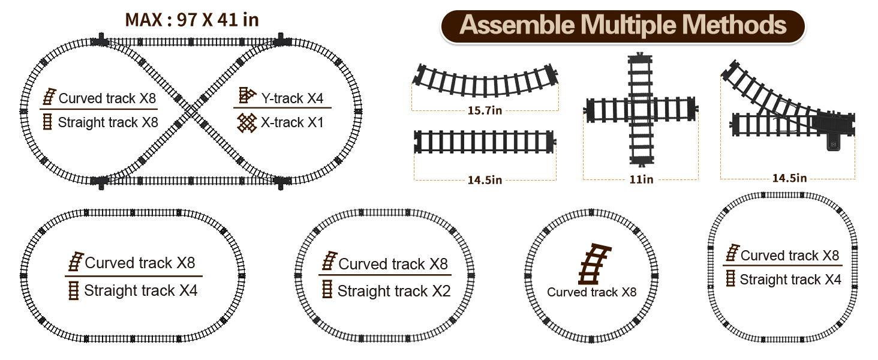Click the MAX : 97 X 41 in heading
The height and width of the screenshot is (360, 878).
pyautogui.click(x=192, y=20)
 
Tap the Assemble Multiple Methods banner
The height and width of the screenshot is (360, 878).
pyautogui.click(x=623, y=25)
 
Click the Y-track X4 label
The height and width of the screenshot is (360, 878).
pyautogui.click(x=292, y=97)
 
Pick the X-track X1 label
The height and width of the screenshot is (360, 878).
pyautogui.click(x=292, y=122)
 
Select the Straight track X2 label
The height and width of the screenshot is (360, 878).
pyautogui.click(x=393, y=291)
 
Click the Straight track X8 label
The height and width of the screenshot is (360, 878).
pyautogui.click(x=108, y=122)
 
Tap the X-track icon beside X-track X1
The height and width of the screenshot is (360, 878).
pyautogui.click(x=246, y=122)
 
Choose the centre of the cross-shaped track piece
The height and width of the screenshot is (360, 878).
pyautogui.click(x=641, y=111)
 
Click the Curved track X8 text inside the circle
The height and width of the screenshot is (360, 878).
pyautogui.click(x=591, y=293)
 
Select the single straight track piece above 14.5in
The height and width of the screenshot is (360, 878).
pyautogui.click(x=484, y=142)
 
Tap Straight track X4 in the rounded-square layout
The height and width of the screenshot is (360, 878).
pyautogui.click(x=790, y=280)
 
